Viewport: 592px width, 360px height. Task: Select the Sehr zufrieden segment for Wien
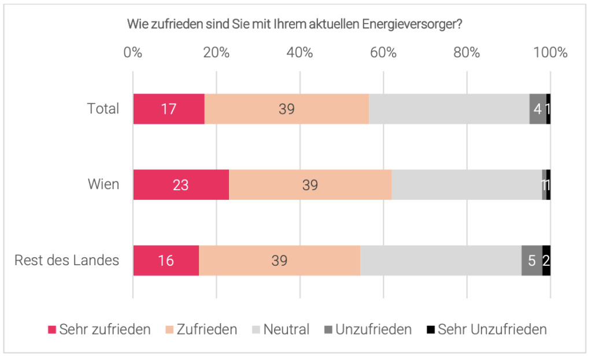pos(181,185)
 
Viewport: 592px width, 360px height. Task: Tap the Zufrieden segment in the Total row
pos(287,109)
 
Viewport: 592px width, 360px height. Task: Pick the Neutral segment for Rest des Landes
pos(441,261)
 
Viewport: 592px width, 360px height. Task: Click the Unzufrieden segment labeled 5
pos(532,261)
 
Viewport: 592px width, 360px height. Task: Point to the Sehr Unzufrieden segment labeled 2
pos(546,261)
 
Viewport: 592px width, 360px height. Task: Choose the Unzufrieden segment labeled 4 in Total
pos(538,109)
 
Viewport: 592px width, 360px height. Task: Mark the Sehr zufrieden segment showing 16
pos(166,261)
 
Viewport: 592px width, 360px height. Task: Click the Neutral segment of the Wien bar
pos(467,185)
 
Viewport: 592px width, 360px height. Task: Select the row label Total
pos(103,109)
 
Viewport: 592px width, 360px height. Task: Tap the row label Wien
pos(103,185)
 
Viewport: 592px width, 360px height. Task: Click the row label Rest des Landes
pos(66,261)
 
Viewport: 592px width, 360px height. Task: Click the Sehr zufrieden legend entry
pos(99,330)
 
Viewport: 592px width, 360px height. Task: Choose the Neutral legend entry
pos(281,330)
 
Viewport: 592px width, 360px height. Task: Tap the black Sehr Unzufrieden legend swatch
pos(430,330)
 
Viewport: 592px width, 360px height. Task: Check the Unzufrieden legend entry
pos(368,330)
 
